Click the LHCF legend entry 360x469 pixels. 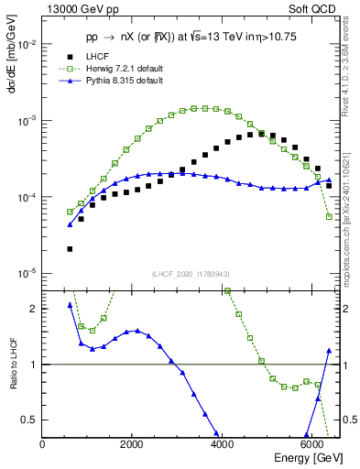coord(85,58)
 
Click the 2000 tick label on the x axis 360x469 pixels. coord(132,444)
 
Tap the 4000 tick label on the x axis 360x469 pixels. coord(222,444)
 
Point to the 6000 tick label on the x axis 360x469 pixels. coord(311,444)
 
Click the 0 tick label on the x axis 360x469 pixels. coord(43,444)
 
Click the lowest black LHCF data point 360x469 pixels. coord(70,248)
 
